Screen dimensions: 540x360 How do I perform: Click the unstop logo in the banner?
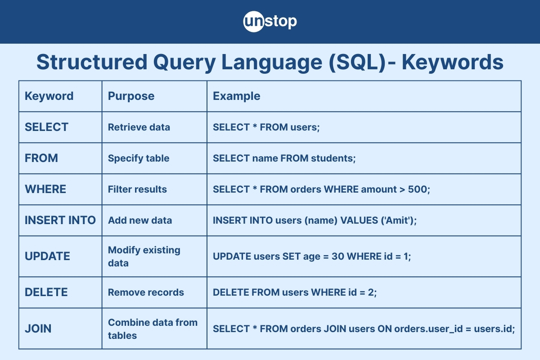pyautogui.click(x=270, y=22)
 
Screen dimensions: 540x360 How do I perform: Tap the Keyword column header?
pyautogui.click(x=49, y=96)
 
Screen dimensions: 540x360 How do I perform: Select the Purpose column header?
pyautogui.click(x=131, y=96)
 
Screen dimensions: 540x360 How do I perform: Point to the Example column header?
pyautogui.click(x=237, y=96)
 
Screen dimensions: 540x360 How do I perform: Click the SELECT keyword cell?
pyautogui.click(x=46, y=127)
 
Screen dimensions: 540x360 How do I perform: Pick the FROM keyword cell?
pyautogui.click(x=41, y=158)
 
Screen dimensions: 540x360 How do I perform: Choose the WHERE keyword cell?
pyautogui.click(x=45, y=189)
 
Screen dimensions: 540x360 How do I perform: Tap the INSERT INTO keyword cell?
pyautogui.click(x=60, y=220)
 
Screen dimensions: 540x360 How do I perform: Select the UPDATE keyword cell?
pyautogui.click(x=47, y=256)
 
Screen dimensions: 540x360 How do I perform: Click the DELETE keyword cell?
pyautogui.click(x=46, y=292)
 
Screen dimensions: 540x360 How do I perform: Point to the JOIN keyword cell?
pyautogui.click(x=38, y=328)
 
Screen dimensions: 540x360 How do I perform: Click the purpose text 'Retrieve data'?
pyautogui.click(x=139, y=127)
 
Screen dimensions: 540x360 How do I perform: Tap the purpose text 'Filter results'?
pyautogui.click(x=137, y=189)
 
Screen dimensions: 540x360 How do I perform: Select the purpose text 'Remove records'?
pyautogui.click(x=146, y=292)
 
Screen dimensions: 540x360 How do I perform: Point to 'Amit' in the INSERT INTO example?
pyautogui.click(x=398, y=220)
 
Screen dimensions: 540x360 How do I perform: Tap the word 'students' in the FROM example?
pyautogui.click(x=332, y=158)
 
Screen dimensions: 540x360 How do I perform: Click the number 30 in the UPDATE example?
pyautogui.click(x=338, y=256)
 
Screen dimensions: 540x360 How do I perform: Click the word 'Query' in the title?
pyautogui.click(x=184, y=63)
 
